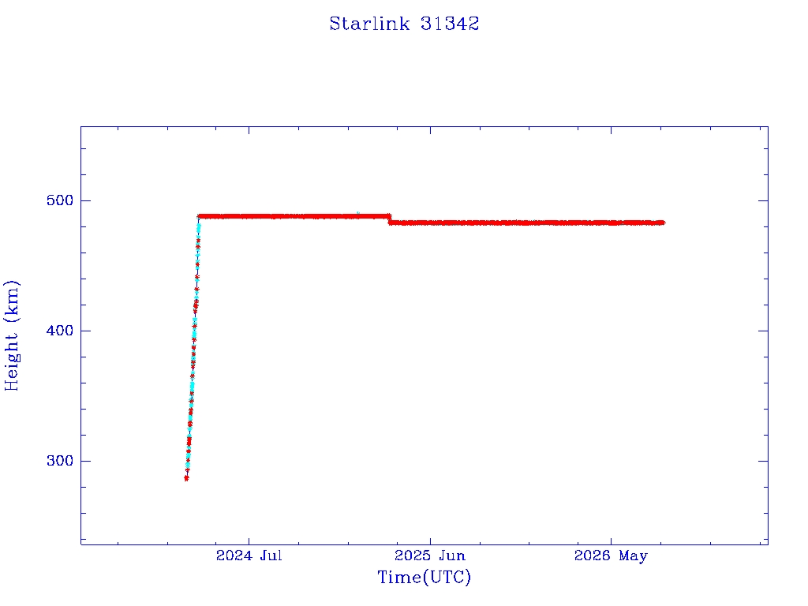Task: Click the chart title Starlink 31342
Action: coord(404,24)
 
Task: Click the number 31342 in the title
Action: coord(450,24)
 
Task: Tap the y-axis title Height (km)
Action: coord(11,335)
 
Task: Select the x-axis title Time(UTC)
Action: coord(424,577)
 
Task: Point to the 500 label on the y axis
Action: coord(60,200)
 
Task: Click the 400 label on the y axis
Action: coord(60,331)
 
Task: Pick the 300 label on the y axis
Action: coord(60,461)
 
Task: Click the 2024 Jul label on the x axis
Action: coord(249,555)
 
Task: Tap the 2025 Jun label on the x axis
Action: coord(430,555)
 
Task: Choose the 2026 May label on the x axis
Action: coord(611,555)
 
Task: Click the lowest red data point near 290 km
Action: coord(186,478)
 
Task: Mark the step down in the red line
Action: coord(390,219)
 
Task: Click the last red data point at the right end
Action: coord(662,223)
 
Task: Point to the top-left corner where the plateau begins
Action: coord(199,216)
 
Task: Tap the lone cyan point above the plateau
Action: coord(357,213)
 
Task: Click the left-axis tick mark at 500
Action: coord(85,200)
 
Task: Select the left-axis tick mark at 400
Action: coord(85,331)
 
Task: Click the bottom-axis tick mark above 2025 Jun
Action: coord(430,540)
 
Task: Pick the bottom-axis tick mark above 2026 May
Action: coord(612,540)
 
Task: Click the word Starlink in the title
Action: coord(369,24)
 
